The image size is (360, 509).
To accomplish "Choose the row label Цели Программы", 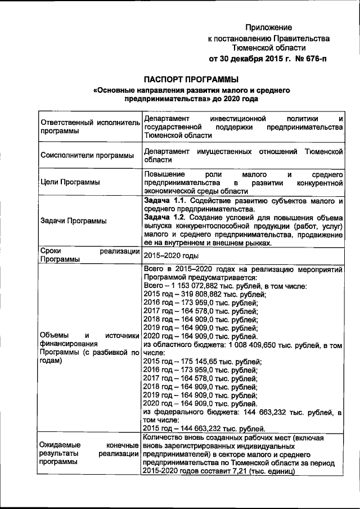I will click(x=67, y=182).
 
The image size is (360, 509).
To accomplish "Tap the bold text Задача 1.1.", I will click(x=163, y=201).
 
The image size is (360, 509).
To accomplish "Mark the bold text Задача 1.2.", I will click(x=163, y=217).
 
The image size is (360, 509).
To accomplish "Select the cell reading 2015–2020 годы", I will click(x=167, y=255).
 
